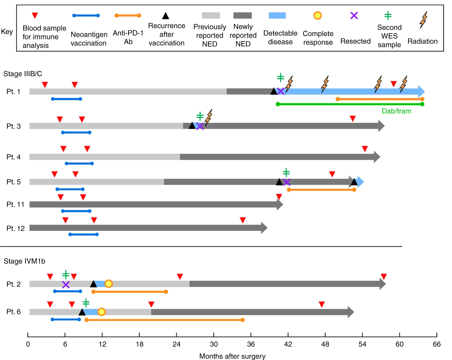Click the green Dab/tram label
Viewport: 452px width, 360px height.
(x=396, y=111)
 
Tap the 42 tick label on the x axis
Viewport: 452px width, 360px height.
(x=288, y=344)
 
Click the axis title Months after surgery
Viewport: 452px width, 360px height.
(x=232, y=356)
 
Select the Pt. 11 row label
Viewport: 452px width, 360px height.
(x=15, y=204)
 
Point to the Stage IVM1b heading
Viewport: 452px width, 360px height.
(x=25, y=261)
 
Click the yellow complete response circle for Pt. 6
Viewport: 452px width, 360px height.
(x=102, y=312)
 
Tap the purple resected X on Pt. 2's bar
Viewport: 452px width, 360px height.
(x=66, y=285)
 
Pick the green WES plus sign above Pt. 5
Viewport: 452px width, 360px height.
(x=286, y=172)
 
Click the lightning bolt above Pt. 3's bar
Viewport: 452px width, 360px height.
(x=209, y=117)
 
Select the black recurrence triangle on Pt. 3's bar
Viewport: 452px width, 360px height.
(x=192, y=126)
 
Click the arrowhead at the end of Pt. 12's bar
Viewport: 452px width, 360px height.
(x=264, y=228)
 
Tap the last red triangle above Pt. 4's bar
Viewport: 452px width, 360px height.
(x=365, y=149)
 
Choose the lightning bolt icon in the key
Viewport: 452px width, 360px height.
(x=423, y=20)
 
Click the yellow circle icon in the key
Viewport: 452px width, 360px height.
(x=317, y=15)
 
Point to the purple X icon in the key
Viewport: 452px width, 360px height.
(x=354, y=15)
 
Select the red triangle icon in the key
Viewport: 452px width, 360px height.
(x=35, y=15)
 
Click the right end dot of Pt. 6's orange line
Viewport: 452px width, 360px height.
(x=243, y=320)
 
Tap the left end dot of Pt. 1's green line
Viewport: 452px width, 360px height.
(x=278, y=104)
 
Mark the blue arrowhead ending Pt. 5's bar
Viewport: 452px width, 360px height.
(x=361, y=182)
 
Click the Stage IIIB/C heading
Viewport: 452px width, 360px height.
(x=23, y=74)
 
